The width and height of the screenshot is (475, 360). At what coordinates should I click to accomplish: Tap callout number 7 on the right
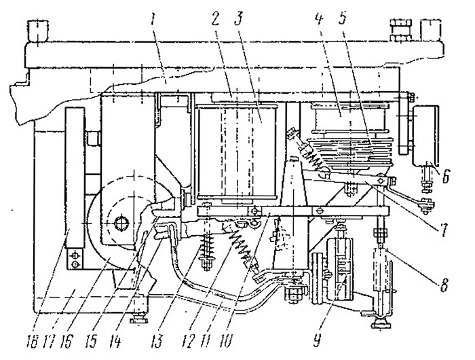click(443, 230)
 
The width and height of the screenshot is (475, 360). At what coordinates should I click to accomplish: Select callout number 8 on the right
click(444, 285)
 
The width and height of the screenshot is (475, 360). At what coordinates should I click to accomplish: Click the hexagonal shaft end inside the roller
click(122, 223)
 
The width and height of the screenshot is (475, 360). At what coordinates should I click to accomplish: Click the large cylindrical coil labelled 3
click(237, 151)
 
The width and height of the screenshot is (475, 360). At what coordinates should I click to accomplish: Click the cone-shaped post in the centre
click(292, 213)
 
